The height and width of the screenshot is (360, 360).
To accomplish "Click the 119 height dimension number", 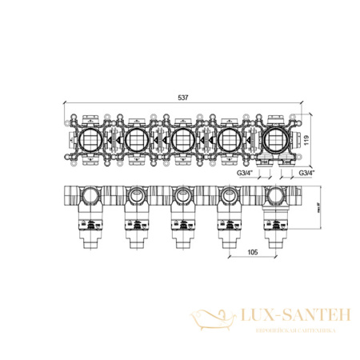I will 305,141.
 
